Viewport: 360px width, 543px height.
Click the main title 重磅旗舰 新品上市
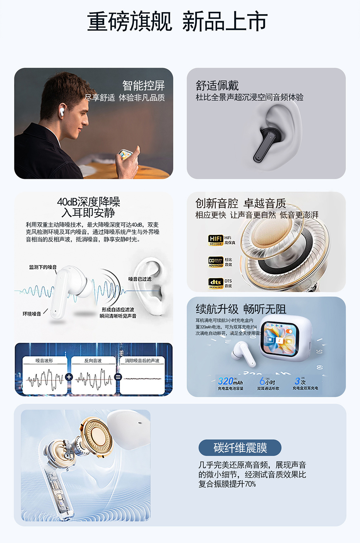177,22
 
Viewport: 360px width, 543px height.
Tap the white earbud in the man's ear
62,111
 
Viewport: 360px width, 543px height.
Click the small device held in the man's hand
125,154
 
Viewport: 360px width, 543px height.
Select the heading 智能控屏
143,86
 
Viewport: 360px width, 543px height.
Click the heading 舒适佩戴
217,86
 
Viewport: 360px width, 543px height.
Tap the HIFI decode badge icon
216,240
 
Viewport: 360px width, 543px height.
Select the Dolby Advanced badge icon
216,262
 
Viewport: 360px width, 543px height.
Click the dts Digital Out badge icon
216,283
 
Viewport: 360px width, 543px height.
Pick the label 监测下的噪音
43,267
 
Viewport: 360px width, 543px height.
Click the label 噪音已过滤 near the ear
140,279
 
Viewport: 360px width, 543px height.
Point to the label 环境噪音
32,314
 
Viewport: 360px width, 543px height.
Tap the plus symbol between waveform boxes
69,377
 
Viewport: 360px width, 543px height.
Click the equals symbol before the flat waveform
118,377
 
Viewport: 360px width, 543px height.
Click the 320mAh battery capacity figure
230,381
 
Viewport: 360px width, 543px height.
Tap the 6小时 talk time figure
267,381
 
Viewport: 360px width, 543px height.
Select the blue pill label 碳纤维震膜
240,448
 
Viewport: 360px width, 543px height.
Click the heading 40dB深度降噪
89,202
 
